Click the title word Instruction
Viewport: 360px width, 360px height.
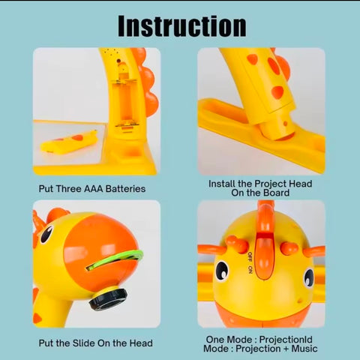(182, 26)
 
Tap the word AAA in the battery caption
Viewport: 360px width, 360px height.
(94, 189)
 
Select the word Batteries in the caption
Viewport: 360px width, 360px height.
(125, 189)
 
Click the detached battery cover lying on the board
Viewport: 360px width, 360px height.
(69, 142)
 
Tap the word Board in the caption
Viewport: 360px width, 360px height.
(277, 193)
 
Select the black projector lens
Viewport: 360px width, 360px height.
(108, 299)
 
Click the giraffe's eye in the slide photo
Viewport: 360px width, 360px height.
(46, 234)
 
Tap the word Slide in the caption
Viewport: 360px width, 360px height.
(84, 343)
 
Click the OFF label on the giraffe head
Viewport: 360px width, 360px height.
(250, 257)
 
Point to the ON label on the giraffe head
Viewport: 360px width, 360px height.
(250, 269)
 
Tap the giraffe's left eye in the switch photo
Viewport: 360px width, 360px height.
(222, 271)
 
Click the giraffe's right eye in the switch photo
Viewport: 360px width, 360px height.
(309, 278)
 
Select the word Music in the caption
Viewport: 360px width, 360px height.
(304, 349)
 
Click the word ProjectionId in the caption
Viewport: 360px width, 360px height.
(286, 340)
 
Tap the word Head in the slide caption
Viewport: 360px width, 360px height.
(141, 343)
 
